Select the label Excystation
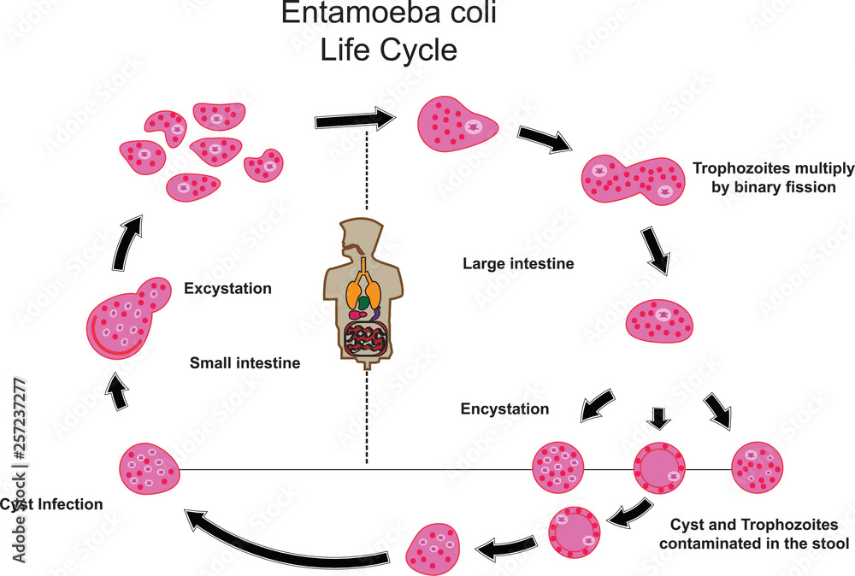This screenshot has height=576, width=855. (x=227, y=289)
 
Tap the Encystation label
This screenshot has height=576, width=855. (x=504, y=409)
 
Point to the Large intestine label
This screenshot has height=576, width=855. (x=517, y=264)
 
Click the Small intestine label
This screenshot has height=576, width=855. (x=245, y=363)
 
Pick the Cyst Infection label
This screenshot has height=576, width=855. (x=51, y=505)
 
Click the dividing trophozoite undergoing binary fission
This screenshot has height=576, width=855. (x=634, y=180)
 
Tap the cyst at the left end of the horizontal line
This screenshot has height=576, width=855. (x=149, y=468)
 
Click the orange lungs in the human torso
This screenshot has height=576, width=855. (x=362, y=295)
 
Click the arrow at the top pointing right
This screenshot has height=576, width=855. (x=352, y=120)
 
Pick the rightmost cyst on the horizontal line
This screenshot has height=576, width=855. (x=758, y=468)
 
